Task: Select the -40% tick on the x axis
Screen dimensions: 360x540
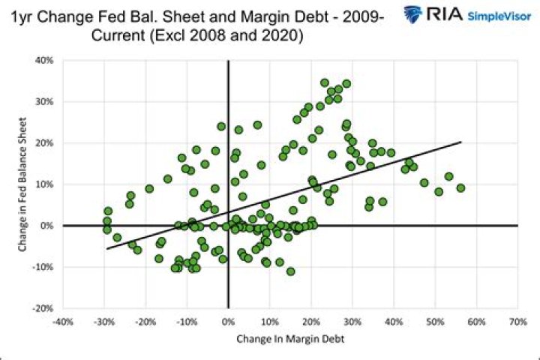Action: (63, 322)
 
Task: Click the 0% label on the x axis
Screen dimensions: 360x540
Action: (228, 322)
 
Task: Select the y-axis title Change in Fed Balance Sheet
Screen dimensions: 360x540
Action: (27, 184)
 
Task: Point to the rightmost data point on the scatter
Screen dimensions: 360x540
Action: (460, 188)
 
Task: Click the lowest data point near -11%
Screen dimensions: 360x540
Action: (290, 271)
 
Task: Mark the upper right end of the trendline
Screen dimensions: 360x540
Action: (461, 142)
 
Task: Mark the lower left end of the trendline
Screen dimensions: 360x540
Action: (107, 248)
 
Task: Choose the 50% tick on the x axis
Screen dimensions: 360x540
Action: (435, 322)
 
